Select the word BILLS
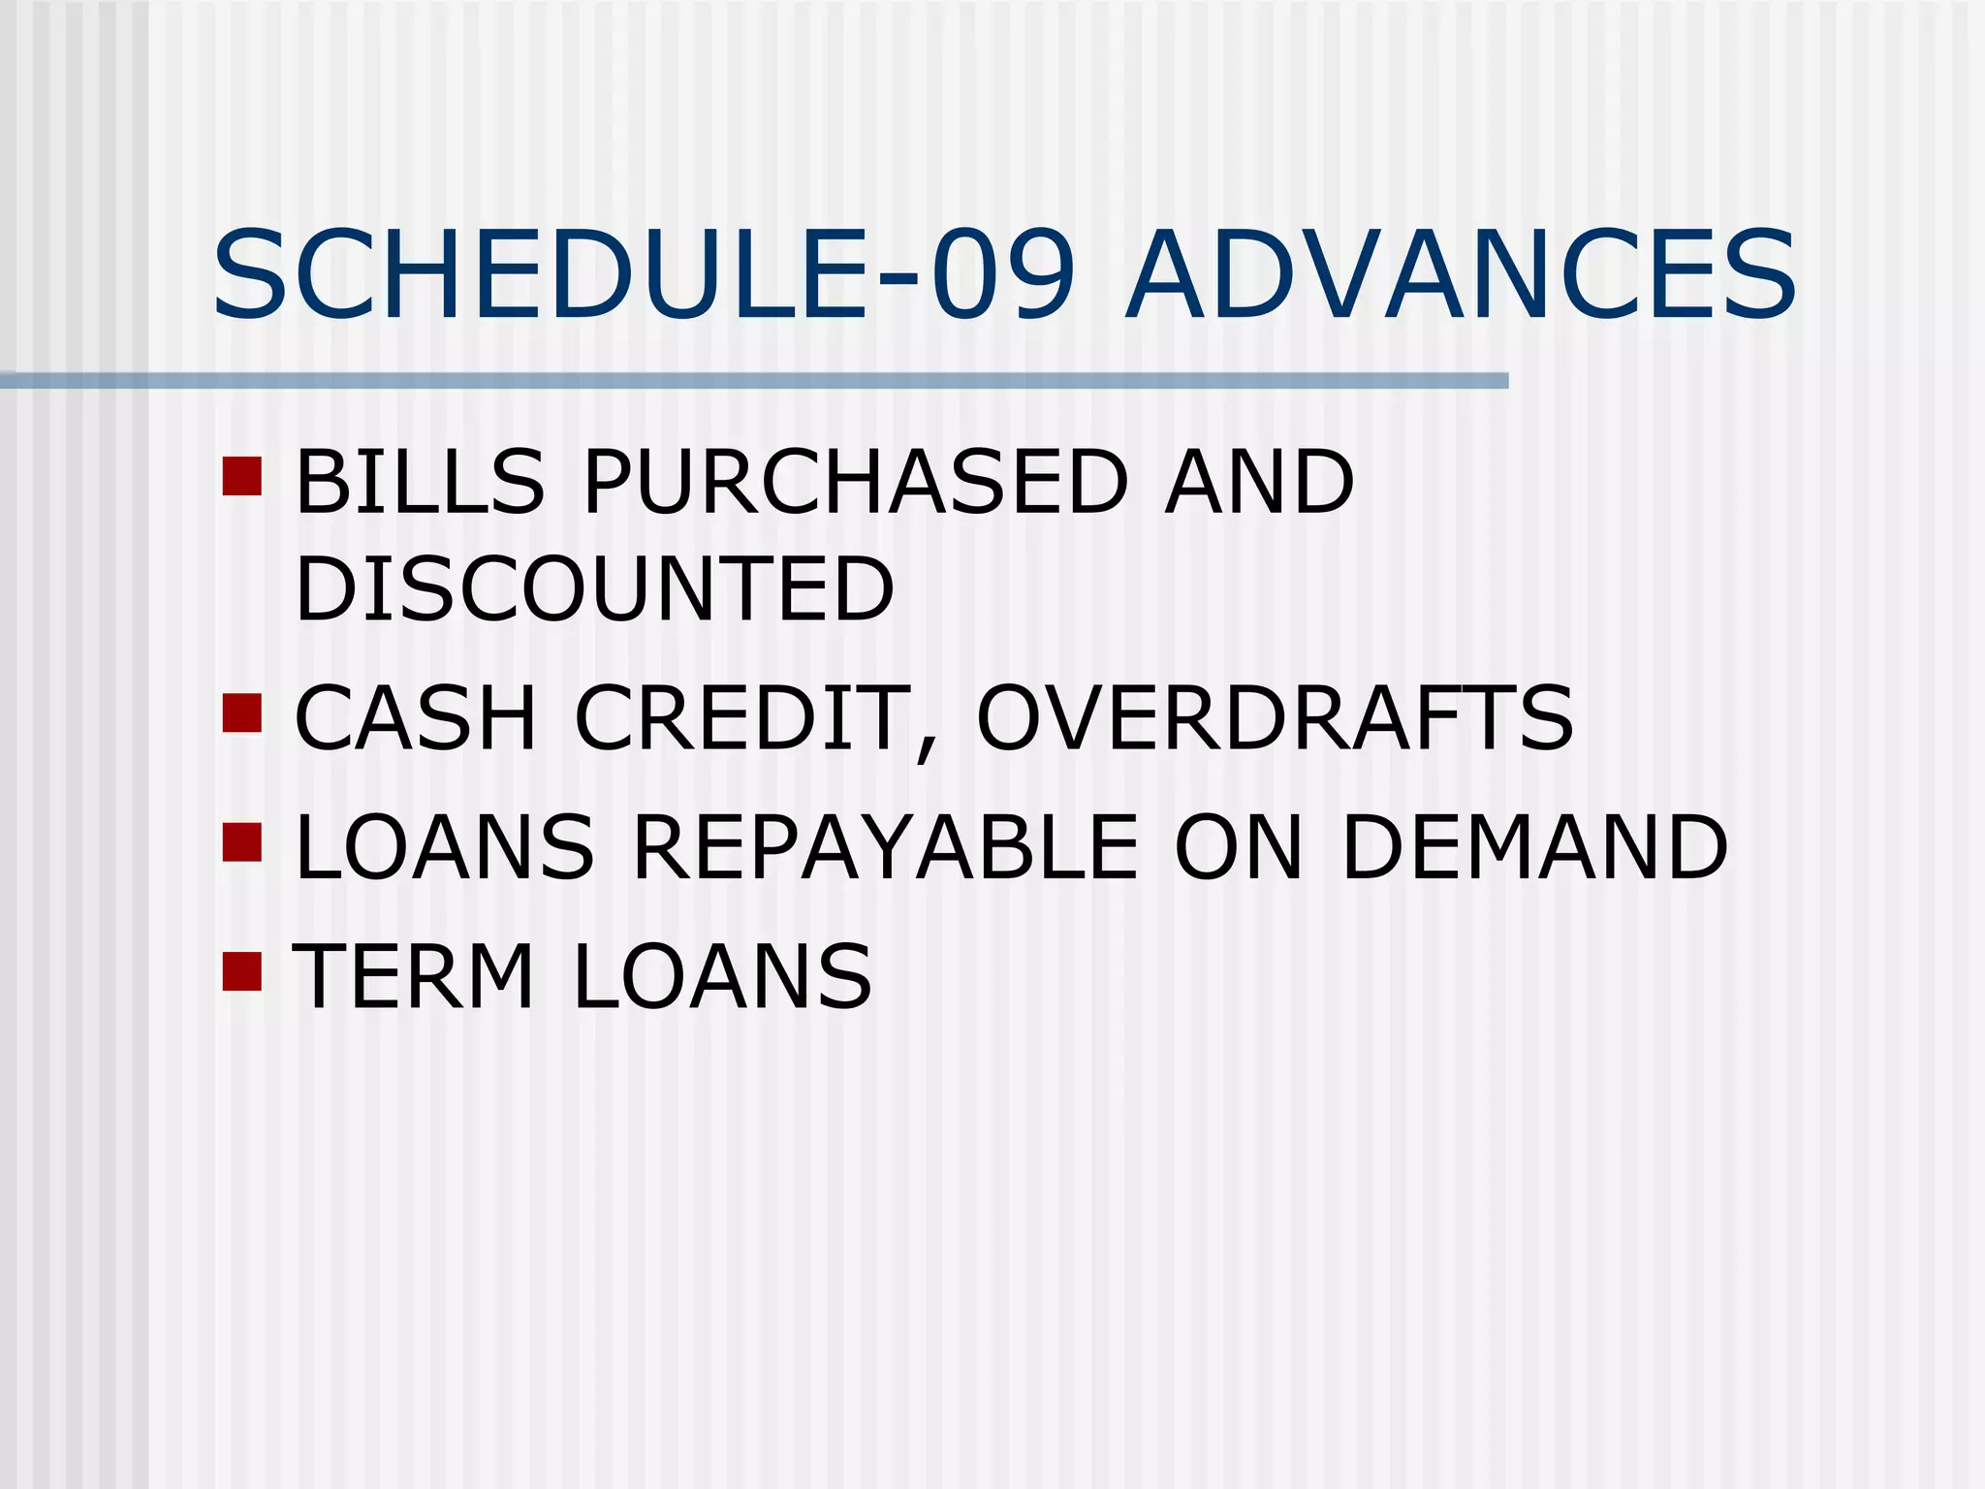(x=419, y=482)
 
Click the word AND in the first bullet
(x=1259, y=482)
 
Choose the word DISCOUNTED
(x=594, y=589)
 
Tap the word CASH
(x=415, y=718)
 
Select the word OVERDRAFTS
(x=1275, y=718)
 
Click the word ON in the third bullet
(x=1238, y=848)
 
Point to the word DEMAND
(x=1534, y=848)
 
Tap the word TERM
(x=414, y=976)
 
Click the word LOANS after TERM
(x=722, y=976)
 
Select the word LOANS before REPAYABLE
(x=444, y=848)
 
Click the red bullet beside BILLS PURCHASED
(x=242, y=476)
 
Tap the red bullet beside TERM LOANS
(x=242, y=971)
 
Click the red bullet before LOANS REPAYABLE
(x=242, y=842)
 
